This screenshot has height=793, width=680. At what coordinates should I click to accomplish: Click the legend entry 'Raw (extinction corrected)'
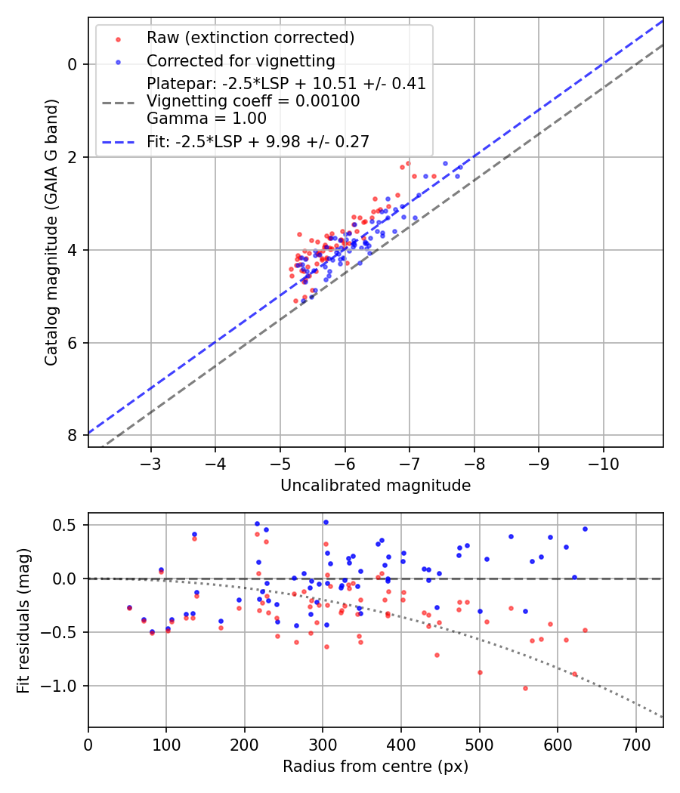pos(250,38)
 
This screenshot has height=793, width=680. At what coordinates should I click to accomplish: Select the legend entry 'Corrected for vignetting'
pos(240,60)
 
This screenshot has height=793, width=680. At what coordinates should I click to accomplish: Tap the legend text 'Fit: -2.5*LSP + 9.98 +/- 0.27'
pos(258,140)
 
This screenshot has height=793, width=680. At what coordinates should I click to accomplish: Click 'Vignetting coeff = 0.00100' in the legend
pos(253,101)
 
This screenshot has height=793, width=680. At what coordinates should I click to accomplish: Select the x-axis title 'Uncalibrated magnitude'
pos(376,486)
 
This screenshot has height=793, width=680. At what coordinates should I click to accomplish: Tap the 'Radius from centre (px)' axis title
pos(376,767)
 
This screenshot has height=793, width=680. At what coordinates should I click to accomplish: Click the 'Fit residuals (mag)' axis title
pos(24,620)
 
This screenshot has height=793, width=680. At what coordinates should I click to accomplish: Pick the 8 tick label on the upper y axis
pos(73,436)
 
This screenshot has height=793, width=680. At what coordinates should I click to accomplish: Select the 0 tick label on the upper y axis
pos(73,64)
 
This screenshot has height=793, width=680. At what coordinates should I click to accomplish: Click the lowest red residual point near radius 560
pos(525,688)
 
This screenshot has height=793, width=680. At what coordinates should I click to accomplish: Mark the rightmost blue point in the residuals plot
pos(585,529)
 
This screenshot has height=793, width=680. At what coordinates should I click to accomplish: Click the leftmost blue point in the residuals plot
pos(129,607)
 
